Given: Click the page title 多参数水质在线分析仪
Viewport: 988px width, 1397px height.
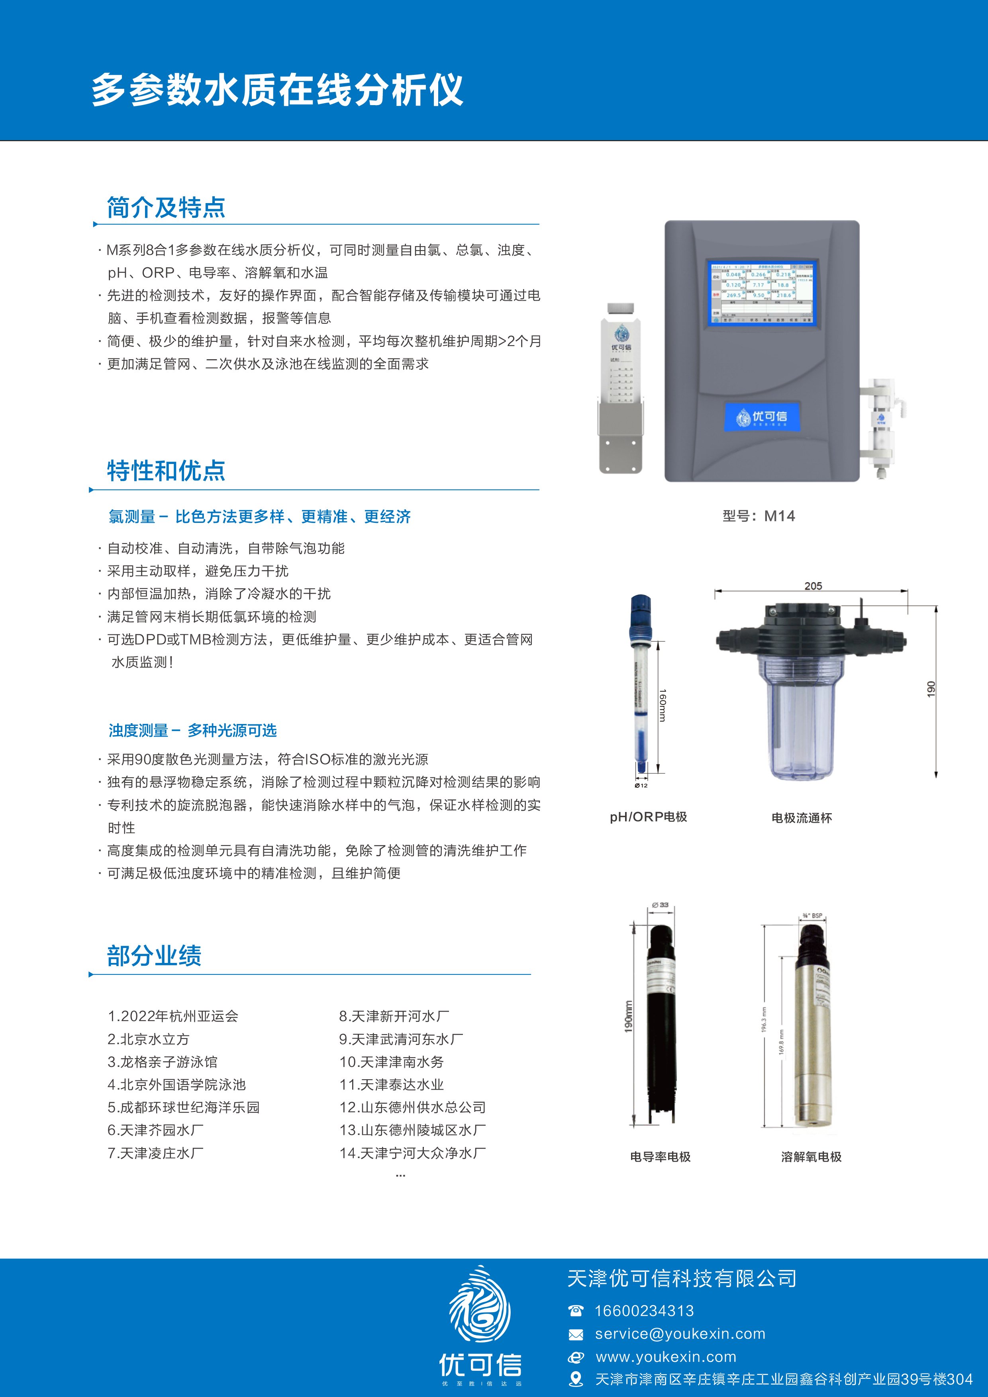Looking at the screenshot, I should point(278,90).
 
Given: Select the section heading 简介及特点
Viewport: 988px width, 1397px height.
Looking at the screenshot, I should point(166,207).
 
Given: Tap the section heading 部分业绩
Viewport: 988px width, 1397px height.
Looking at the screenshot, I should point(154,955).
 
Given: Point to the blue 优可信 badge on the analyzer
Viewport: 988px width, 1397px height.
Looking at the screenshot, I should point(761,417).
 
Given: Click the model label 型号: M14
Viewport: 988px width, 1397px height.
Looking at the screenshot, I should point(759,516).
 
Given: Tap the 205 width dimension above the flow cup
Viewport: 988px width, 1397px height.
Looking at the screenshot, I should point(813,585).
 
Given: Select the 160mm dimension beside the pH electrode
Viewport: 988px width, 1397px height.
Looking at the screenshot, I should point(663,705).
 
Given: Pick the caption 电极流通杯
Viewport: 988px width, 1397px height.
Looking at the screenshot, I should point(801,818).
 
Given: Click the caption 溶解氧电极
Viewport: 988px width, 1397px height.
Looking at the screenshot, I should point(811,1156).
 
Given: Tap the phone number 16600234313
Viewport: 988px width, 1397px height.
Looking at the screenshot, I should point(644,1311).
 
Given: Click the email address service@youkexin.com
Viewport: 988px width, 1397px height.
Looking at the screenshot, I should point(680,1334).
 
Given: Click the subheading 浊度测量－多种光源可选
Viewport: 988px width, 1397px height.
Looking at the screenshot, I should point(192,730).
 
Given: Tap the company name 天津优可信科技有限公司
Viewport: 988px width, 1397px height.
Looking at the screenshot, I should point(682,1278).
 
